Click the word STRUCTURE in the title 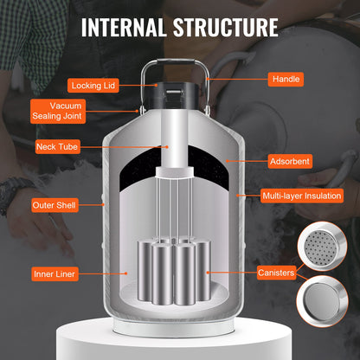[229, 25]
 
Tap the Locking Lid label [97, 85]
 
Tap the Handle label [286, 79]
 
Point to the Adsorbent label [290, 161]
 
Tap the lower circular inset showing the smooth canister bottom [322, 305]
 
